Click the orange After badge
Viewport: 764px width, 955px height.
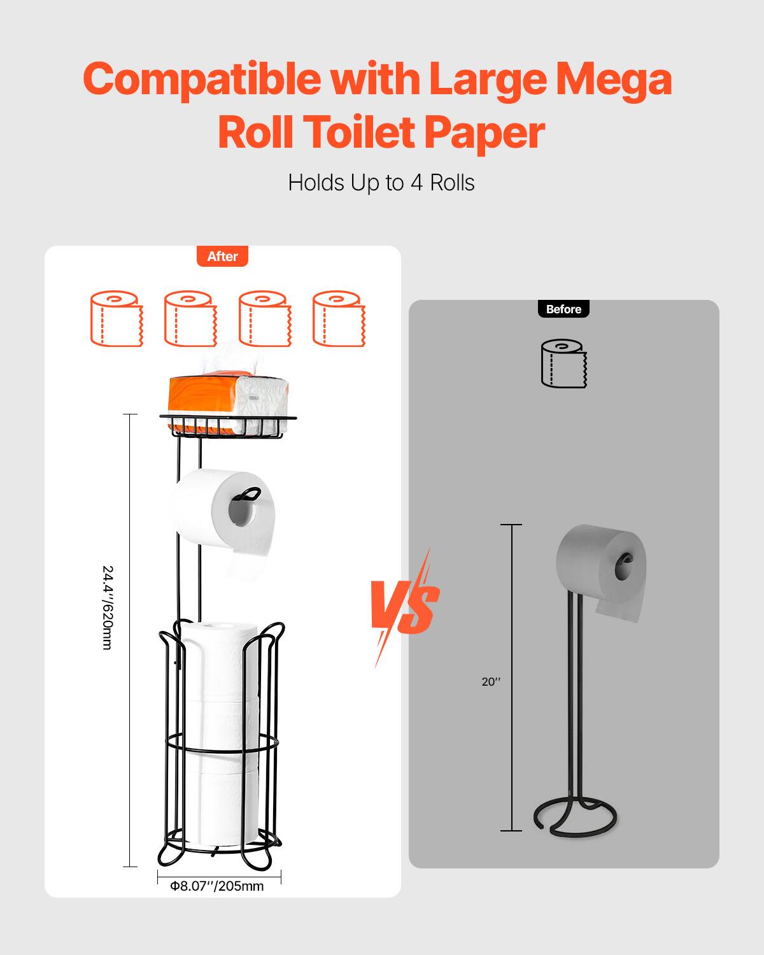pyautogui.click(x=222, y=257)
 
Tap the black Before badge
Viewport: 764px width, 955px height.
pyautogui.click(x=563, y=309)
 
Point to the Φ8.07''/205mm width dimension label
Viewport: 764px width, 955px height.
pyautogui.click(x=217, y=886)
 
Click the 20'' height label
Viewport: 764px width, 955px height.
pyautogui.click(x=491, y=682)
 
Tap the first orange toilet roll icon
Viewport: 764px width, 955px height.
pyautogui.click(x=117, y=318)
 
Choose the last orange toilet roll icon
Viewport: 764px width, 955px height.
pyautogui.click(x=339, y=318)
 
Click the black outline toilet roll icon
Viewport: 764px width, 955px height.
pyautogui.click(x=563, y=364)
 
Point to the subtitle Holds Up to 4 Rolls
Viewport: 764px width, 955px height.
pyautogui.click(x=381, y=183)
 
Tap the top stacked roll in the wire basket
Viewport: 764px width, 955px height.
pyautogui.click(x=220, y=662)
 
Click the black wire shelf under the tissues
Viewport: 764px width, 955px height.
pyautogui.click(x=228, y=426)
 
